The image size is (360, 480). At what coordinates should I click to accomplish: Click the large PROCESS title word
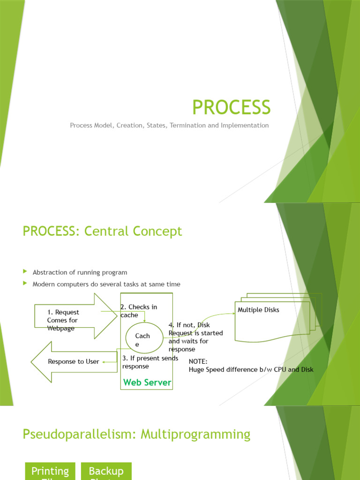coord(232,107)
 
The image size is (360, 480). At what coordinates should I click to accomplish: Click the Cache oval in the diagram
coord(142,339)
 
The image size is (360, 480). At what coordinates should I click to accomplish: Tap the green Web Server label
coord(147,382)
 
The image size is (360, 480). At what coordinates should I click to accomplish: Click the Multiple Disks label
coord(258,310)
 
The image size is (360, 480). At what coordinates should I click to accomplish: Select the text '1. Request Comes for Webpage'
coord(63,320)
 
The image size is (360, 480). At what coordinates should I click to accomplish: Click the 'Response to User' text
coord(74,361)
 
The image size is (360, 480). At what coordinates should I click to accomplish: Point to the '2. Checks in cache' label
coord(138,311)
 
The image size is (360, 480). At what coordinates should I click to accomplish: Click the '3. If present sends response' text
coord(150,362)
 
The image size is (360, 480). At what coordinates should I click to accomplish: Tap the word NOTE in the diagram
coord(198,361)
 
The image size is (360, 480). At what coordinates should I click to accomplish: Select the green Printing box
coord(50,471)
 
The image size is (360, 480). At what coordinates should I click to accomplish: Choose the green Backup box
coord(106,471)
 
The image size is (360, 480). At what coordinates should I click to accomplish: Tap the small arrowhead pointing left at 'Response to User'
coord(105,361)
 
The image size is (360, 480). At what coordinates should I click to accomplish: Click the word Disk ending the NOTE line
coord(307,369)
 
